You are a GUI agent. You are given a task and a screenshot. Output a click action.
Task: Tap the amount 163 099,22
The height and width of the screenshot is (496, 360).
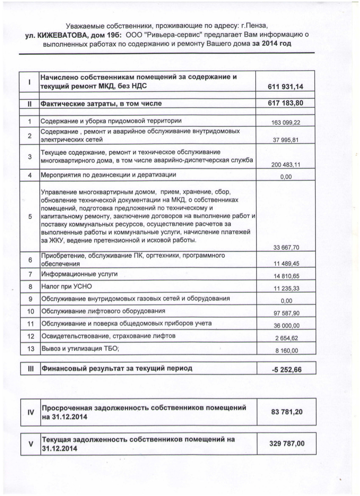285,123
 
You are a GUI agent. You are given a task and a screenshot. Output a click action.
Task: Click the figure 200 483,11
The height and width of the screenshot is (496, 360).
285,165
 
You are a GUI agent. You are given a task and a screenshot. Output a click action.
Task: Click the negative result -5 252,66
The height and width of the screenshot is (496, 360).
287,369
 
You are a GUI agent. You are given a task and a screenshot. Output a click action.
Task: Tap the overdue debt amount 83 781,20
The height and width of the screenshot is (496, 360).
287,412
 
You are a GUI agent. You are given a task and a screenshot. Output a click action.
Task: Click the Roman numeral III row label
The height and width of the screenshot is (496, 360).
30,368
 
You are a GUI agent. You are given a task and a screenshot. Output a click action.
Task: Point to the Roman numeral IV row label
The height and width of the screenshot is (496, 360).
30,412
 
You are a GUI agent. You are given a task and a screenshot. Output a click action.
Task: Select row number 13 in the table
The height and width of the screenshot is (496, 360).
30,349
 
